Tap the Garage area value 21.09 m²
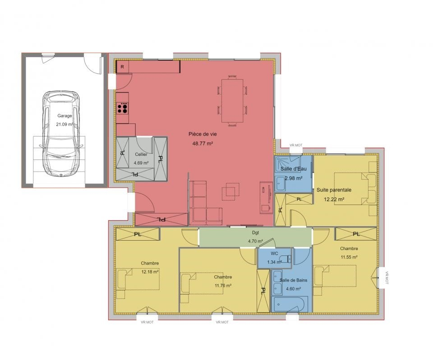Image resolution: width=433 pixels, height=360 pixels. [64, 124]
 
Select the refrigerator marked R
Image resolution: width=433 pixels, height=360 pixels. [123, 67]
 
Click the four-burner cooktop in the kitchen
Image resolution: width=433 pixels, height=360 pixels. [122, 108]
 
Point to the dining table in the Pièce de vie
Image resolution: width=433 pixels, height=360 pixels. [232, 100]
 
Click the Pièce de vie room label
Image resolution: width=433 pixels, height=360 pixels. [203, 134]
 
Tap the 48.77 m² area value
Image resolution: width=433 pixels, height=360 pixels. [203, 143]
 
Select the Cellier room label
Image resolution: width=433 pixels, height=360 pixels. [141, 155]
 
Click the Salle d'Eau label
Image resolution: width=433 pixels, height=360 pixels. [294, 169]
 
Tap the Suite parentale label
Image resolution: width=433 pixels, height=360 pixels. [334, 190]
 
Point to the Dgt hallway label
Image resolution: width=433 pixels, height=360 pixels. [255, 233]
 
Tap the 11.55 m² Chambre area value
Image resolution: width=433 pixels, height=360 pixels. [349, 257]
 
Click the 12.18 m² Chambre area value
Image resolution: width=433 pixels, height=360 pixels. [150, 272]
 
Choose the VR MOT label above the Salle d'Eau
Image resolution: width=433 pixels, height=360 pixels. [296, 145]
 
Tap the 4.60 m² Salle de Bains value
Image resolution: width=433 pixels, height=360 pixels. [293, 289]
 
